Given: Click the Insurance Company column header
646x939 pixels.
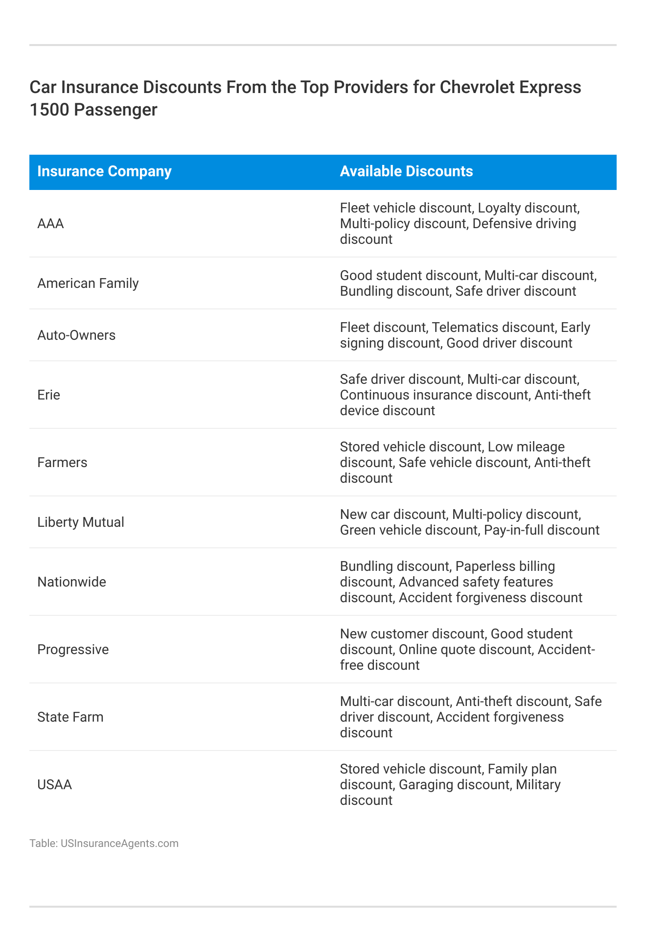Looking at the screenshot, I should (104, 171).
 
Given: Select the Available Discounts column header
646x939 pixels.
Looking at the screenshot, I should (406, 171).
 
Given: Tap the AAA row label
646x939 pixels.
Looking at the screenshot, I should (51, 224).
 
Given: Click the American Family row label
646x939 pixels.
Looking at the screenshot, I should (88, 283).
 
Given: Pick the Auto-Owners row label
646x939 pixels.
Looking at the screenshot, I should (76, 335).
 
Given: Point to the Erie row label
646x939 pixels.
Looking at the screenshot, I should (48, 395).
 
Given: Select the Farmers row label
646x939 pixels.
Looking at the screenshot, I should (62, 463).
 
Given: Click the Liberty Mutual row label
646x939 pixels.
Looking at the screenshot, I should (81, 522).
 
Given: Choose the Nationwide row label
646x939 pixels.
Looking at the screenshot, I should (71, 582).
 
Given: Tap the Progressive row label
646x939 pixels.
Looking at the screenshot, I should (73, 650).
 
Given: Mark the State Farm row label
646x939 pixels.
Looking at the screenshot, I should (70, 717).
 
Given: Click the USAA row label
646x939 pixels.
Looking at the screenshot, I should (54, 785).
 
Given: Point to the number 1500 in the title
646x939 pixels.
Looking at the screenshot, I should (49, 110).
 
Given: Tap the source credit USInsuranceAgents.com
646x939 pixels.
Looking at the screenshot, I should (119, 844).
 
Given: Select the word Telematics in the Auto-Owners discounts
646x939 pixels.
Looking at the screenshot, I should (463, 328).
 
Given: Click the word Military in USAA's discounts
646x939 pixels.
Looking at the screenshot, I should (538, 785).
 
